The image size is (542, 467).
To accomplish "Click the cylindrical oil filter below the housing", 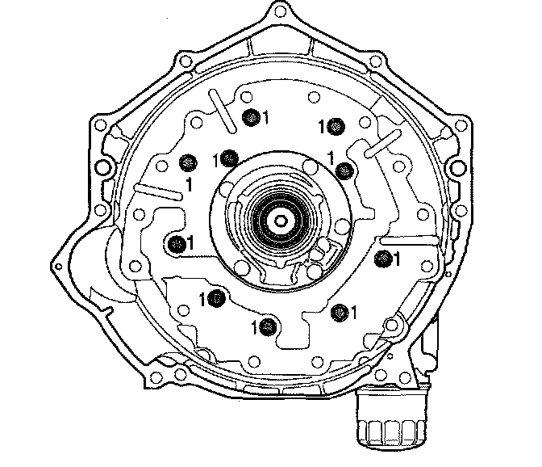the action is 391,418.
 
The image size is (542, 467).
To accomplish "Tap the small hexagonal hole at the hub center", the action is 280,221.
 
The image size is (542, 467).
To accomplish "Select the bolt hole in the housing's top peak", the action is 278,12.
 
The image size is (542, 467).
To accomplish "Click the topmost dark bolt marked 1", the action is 252,118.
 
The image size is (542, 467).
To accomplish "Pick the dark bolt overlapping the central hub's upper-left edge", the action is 228,158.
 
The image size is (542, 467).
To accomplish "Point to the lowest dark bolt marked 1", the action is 268,326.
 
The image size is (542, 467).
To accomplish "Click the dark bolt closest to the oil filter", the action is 340,313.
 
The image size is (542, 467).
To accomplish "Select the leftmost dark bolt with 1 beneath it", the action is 188,162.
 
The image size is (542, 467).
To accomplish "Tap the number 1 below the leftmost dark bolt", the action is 189,185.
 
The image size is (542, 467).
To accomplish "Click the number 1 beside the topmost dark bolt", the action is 265,117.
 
